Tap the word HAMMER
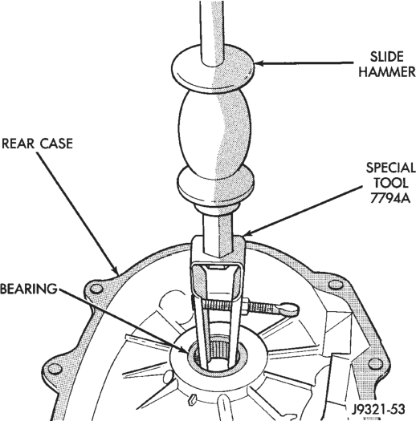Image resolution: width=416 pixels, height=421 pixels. (x=387, y=71)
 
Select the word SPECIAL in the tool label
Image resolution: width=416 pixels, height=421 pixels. (x=391, y=168)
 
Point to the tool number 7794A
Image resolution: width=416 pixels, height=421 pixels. (x=390, y=198)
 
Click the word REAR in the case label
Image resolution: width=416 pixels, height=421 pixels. (x=18, y=144)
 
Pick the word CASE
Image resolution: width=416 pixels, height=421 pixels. (x=56, y=144)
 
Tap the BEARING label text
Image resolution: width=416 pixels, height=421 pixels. (x=28, y=289)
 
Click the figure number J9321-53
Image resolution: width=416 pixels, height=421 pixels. (x=378, y=409)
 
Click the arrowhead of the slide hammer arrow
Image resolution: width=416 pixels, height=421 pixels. (x=259, y=63)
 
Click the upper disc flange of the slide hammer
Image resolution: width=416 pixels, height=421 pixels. (x=213, y=69)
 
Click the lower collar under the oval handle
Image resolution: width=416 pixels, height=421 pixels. (x=216, y=185)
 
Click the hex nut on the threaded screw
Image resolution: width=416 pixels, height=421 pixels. (x=246, y=306)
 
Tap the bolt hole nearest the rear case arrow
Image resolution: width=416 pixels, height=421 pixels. (x=96, y=289)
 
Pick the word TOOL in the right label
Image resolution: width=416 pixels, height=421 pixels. (x=391, y=183)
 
